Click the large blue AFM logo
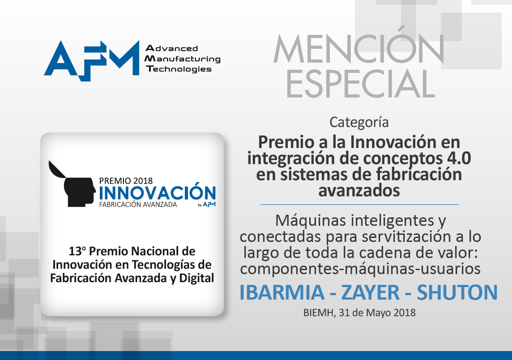(92, 60)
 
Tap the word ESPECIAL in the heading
(360, 84)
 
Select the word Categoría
(359, 123)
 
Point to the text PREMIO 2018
(126, 181)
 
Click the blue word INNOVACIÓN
(157, 192)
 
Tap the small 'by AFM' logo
(207, 205)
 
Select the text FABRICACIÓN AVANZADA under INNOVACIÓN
(138, 205)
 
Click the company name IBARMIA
(282, 292)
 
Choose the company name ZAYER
(370, 292)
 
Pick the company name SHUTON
(457, 292)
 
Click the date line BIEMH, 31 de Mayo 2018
(359, 313)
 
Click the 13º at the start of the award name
(77, 251)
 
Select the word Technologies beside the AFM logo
(179, 69)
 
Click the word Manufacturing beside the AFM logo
(183, 59)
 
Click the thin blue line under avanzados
(359, 205)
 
